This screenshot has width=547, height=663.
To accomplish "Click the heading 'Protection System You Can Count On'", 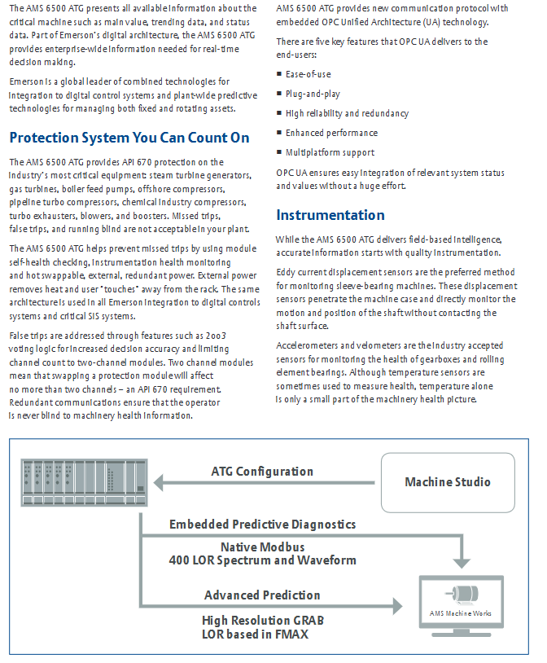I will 129,138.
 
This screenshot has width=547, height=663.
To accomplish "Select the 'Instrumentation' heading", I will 330,215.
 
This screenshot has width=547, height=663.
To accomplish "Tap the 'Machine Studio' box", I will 448,481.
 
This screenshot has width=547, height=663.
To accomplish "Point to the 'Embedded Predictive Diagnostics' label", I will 262,524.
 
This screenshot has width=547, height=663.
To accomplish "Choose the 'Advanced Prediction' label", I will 262,595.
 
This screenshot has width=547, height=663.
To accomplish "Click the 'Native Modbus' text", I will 262,547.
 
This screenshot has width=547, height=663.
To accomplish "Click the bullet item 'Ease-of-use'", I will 308,74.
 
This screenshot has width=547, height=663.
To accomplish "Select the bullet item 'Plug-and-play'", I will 313,94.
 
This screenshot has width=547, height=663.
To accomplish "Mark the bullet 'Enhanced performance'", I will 331,133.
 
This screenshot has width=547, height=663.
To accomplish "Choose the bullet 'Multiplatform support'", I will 330,152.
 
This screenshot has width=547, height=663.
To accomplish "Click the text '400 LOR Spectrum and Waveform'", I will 262,560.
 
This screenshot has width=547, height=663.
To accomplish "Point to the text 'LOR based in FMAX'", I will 256,634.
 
